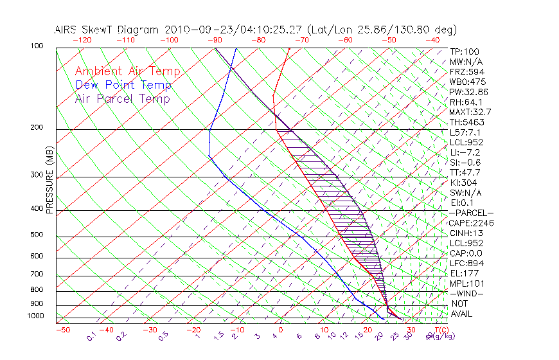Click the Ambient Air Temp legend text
(x=127, y=71)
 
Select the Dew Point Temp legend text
(x=123, y=85)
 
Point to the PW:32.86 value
(x=469, y=92)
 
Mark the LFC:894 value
(x=466, y=263)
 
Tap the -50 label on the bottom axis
(x=62, y=330)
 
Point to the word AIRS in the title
(x=68, y=30)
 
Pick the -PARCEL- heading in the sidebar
(x=471, y=213)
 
